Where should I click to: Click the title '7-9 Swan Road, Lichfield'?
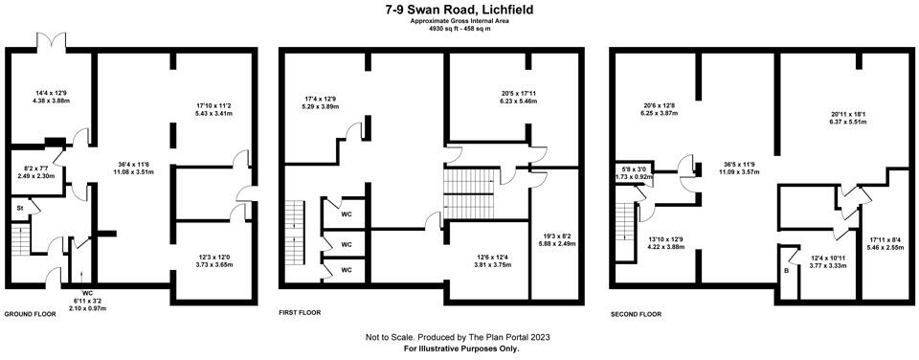click(459, 9)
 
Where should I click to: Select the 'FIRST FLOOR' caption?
click(299, 313)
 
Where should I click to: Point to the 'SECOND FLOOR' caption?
click(636, 313)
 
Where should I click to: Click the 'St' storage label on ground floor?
click(18, 207)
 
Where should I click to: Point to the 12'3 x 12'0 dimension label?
click(213, 258)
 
